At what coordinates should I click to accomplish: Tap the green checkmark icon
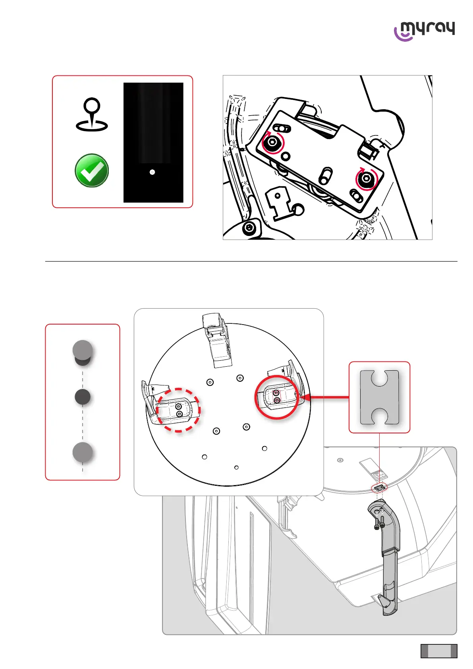(92, 170)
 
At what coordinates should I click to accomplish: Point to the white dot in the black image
(152, 172)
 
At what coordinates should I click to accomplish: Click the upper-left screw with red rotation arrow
(272, 142)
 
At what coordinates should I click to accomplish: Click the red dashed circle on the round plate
(178, 410)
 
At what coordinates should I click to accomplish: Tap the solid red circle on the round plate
(277, 397)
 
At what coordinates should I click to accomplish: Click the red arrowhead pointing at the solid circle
(305, 397)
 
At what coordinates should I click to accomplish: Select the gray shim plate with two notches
(379, 397)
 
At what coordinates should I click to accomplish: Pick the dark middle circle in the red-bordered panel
(83, 397)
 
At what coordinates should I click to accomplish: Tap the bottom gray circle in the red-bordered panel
(83, 452)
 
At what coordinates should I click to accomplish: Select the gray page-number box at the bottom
(439, 651)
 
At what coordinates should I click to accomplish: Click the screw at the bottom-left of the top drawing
(249, 228)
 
